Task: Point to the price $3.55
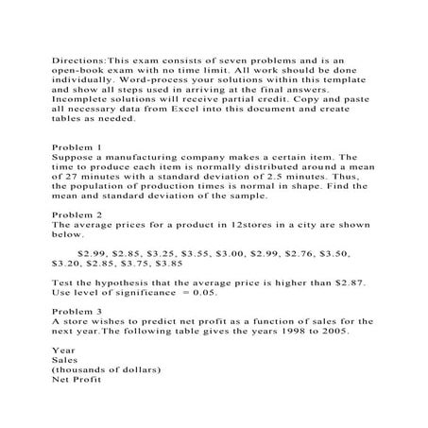tap(214, 254)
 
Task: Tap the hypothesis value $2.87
tap(342, 282)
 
